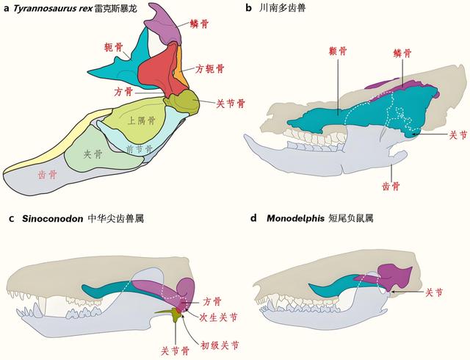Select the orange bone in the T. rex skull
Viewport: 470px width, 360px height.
tap(179, 68)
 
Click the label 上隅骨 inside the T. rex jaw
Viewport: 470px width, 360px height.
tap(142, 120)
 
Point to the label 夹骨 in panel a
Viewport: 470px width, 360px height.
tap(93, 154)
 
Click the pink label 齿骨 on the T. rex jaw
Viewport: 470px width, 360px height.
tap(47, 175)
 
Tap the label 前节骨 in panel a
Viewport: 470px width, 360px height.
tap(140, 149)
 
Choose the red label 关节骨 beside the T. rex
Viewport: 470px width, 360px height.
tap(231, 104)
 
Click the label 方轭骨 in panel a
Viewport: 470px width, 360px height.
tap(210, 69)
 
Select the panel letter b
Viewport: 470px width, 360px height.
tap(248, 8)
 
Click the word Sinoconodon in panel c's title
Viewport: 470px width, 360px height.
tap(52, 218)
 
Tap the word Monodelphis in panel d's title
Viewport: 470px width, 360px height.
tap(295, 218)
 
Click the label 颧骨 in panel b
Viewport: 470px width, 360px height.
tap(338, 51)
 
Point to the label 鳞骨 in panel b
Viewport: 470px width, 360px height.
tap(402, 54)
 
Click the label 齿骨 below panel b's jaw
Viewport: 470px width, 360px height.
tap(391, 187)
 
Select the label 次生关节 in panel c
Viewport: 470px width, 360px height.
tap(219, 317)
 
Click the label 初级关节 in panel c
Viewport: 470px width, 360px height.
tap(220, 345)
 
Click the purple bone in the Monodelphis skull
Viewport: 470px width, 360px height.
tap(387, 276)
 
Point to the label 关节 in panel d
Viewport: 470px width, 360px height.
tap(434, 292)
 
